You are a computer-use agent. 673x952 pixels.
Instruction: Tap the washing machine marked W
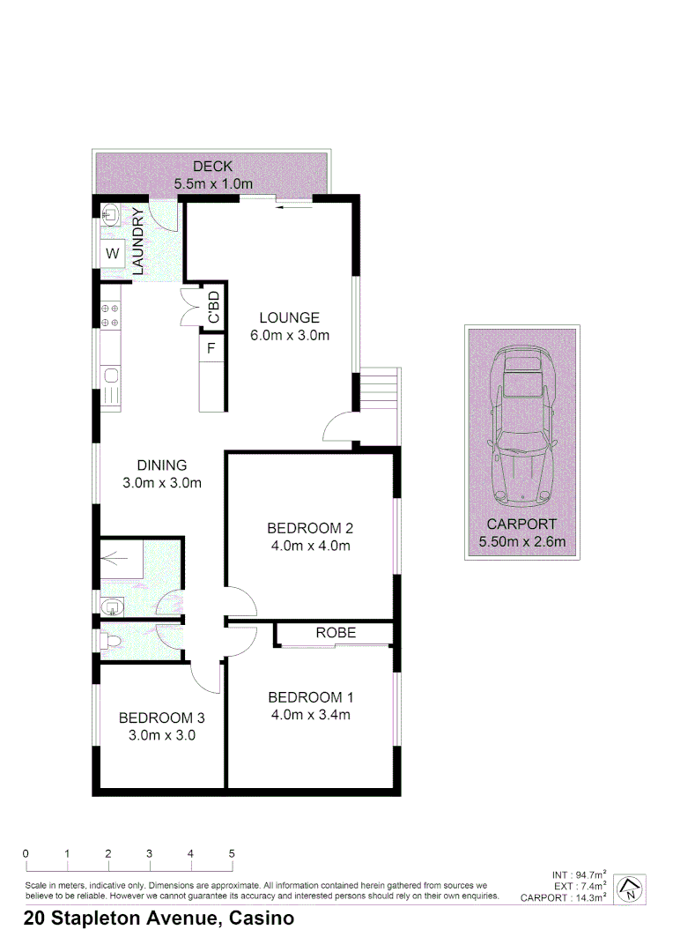click(x=113, y=254)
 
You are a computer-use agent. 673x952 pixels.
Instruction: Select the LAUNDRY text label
click(x=137, y=242)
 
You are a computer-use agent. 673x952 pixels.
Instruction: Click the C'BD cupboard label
click(x=213, y=308)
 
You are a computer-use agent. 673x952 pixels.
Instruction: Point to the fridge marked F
click(x=211, y=348)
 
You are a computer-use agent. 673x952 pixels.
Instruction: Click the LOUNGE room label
click(x=289, y=318)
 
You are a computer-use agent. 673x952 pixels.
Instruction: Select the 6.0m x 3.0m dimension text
click(x=289, y=335)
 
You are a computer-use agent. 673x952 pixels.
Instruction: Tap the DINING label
click(x=162, y=465)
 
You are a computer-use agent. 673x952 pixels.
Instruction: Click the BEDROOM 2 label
click(x=310, y=529)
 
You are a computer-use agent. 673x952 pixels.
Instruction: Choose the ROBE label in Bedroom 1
click(x=336, y=633)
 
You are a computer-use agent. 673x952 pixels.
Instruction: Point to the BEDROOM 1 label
click(x=310, y=698)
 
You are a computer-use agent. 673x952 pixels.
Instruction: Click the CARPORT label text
click(x=523, y=524)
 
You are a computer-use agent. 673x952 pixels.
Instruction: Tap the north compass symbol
click(x=630, y=889)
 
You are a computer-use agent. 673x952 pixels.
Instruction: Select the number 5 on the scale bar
click(x=232, y=853)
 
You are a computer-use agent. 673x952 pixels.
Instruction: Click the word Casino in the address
click(x=261, y=919)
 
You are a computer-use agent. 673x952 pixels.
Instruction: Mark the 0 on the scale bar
click(x=26, y=853)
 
